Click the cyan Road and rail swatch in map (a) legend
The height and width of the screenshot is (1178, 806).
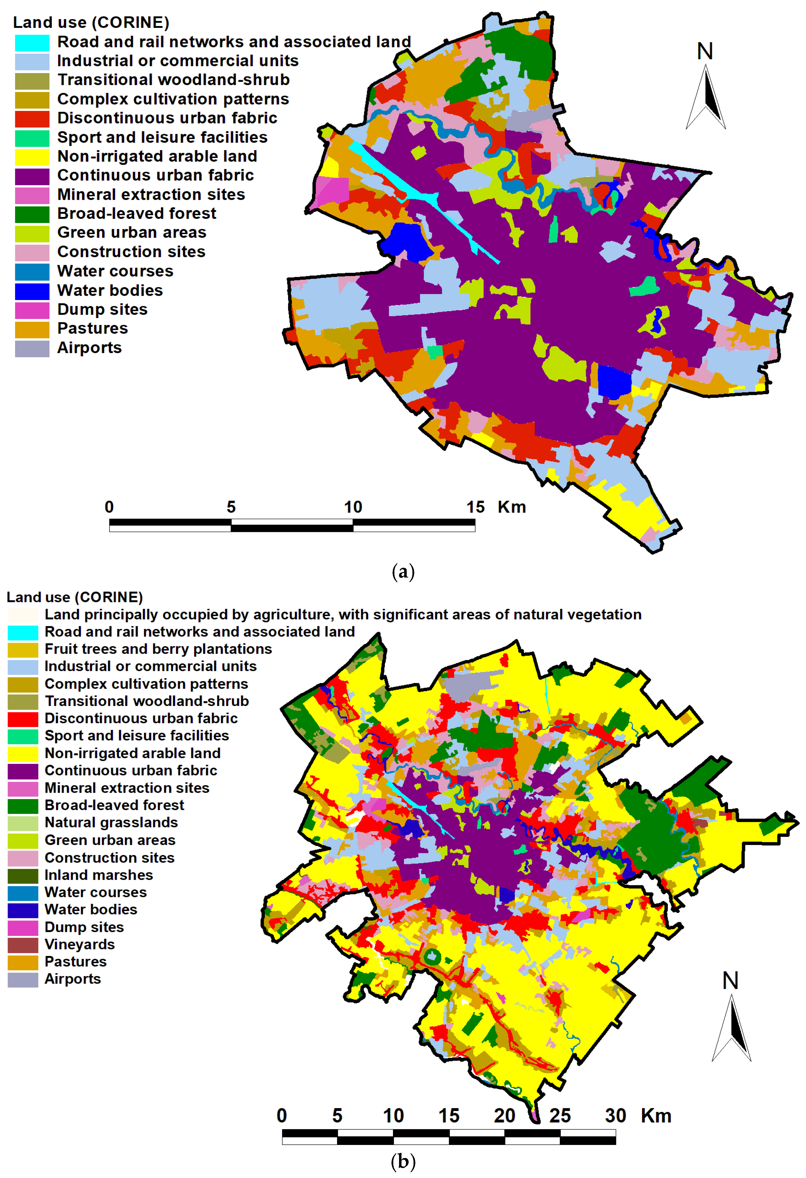click(x=32, y=43)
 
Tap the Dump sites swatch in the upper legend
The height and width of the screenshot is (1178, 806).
click(x=32, y=310)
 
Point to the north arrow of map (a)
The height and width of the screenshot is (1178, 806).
click(x=705, y=96)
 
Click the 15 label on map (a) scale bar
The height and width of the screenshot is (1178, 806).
click(x=475, y=507)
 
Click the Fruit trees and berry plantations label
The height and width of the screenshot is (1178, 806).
click(x=158, y=649)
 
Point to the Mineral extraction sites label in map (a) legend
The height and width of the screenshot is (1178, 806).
click(x=151, y=195)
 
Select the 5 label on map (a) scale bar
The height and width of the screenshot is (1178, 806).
click(x=231, y=507)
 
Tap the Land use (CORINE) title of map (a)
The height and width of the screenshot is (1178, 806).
click(x=91, y=23)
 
